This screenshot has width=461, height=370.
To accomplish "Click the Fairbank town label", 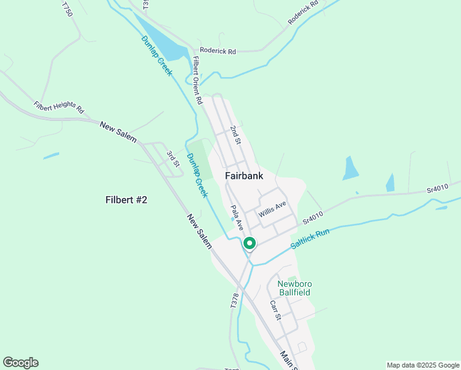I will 244,176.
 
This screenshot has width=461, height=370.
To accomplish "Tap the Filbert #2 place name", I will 126,200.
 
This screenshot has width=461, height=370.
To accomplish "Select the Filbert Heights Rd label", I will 59,108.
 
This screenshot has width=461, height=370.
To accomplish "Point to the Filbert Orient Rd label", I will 197,80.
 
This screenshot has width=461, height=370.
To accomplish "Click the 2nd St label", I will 235,134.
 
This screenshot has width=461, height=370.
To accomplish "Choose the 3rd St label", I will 173,158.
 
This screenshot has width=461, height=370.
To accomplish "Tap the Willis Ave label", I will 272,210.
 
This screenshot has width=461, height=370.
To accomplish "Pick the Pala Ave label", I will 237,218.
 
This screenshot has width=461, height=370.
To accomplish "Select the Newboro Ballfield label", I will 295,288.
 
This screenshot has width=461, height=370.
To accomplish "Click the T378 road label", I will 234,300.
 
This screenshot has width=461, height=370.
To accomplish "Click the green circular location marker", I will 250,244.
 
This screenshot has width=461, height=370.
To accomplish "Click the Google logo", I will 20,363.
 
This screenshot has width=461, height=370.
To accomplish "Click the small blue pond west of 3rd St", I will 51,155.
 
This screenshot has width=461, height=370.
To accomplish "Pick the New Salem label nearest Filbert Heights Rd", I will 117,129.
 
